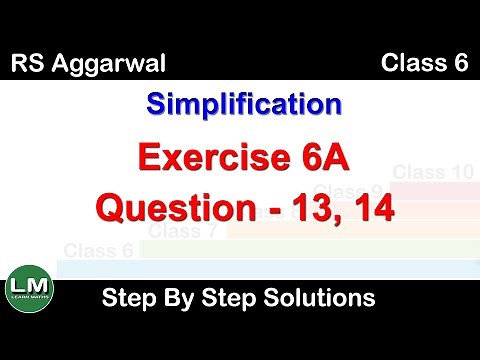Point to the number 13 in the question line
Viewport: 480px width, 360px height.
(306, 209)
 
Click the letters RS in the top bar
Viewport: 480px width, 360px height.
(28, 66)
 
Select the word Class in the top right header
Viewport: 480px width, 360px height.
(409, 65)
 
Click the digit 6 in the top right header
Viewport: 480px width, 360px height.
(460, 65)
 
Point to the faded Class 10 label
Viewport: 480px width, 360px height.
(433, 172)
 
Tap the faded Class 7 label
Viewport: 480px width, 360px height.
(184, 232)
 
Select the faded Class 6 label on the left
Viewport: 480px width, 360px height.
(98, 250)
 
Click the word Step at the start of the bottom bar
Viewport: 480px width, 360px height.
(127, 297)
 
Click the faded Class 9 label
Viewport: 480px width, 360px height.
(347, 190)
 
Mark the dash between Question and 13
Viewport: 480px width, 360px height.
(264, 211)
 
